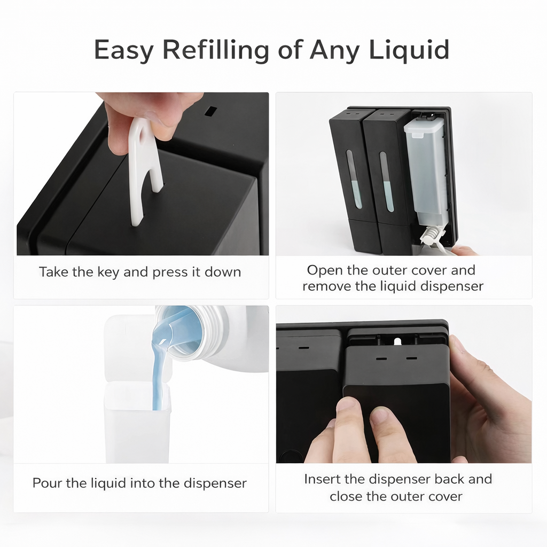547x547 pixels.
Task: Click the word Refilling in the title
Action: click(216, 50)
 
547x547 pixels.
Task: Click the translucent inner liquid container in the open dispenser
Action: click(425, 171)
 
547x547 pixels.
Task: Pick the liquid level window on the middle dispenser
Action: click(386, 182)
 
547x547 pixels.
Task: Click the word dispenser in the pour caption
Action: click(215, 483)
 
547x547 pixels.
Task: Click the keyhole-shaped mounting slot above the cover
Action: click(397, 341)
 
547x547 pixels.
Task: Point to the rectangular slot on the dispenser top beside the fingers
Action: click(210, 111)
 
